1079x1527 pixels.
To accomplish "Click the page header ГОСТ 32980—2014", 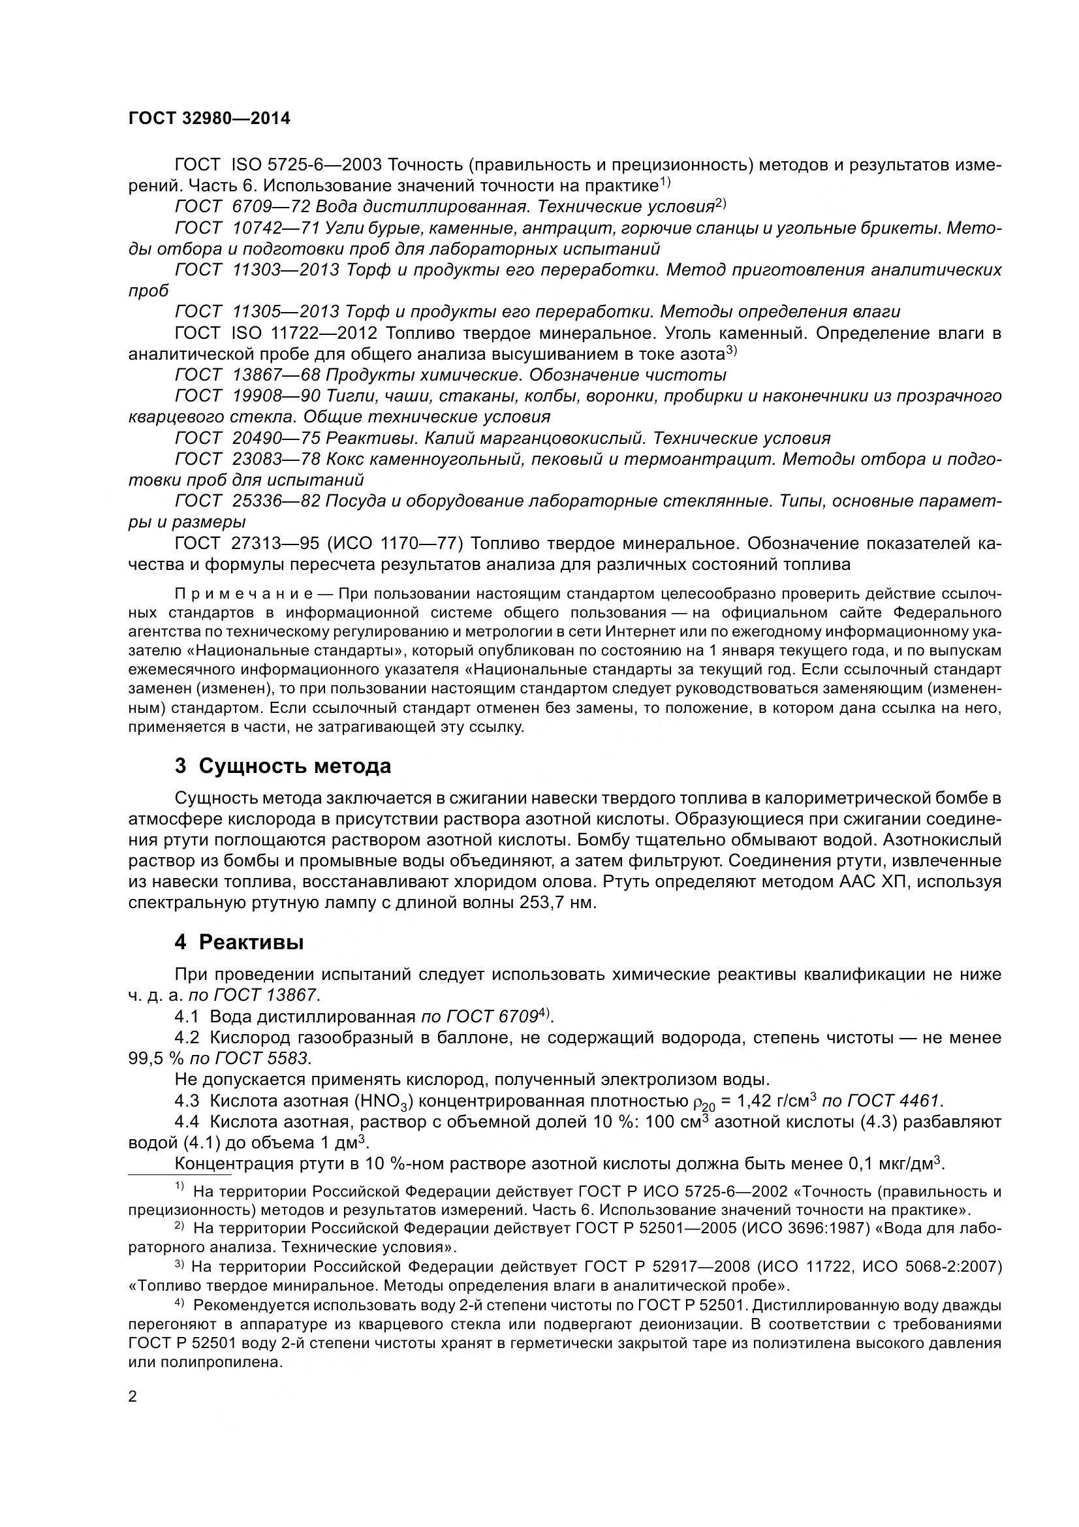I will [210, 118].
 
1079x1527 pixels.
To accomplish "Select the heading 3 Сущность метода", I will [283, 766].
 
